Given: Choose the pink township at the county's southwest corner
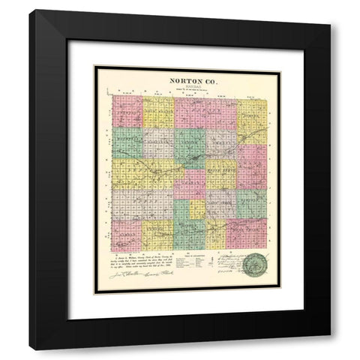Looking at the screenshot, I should coord(126,235).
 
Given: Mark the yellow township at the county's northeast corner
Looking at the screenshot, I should coord(251,112).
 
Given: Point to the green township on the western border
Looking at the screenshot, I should coord(127,142).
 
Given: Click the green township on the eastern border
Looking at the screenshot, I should coord(251,203).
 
